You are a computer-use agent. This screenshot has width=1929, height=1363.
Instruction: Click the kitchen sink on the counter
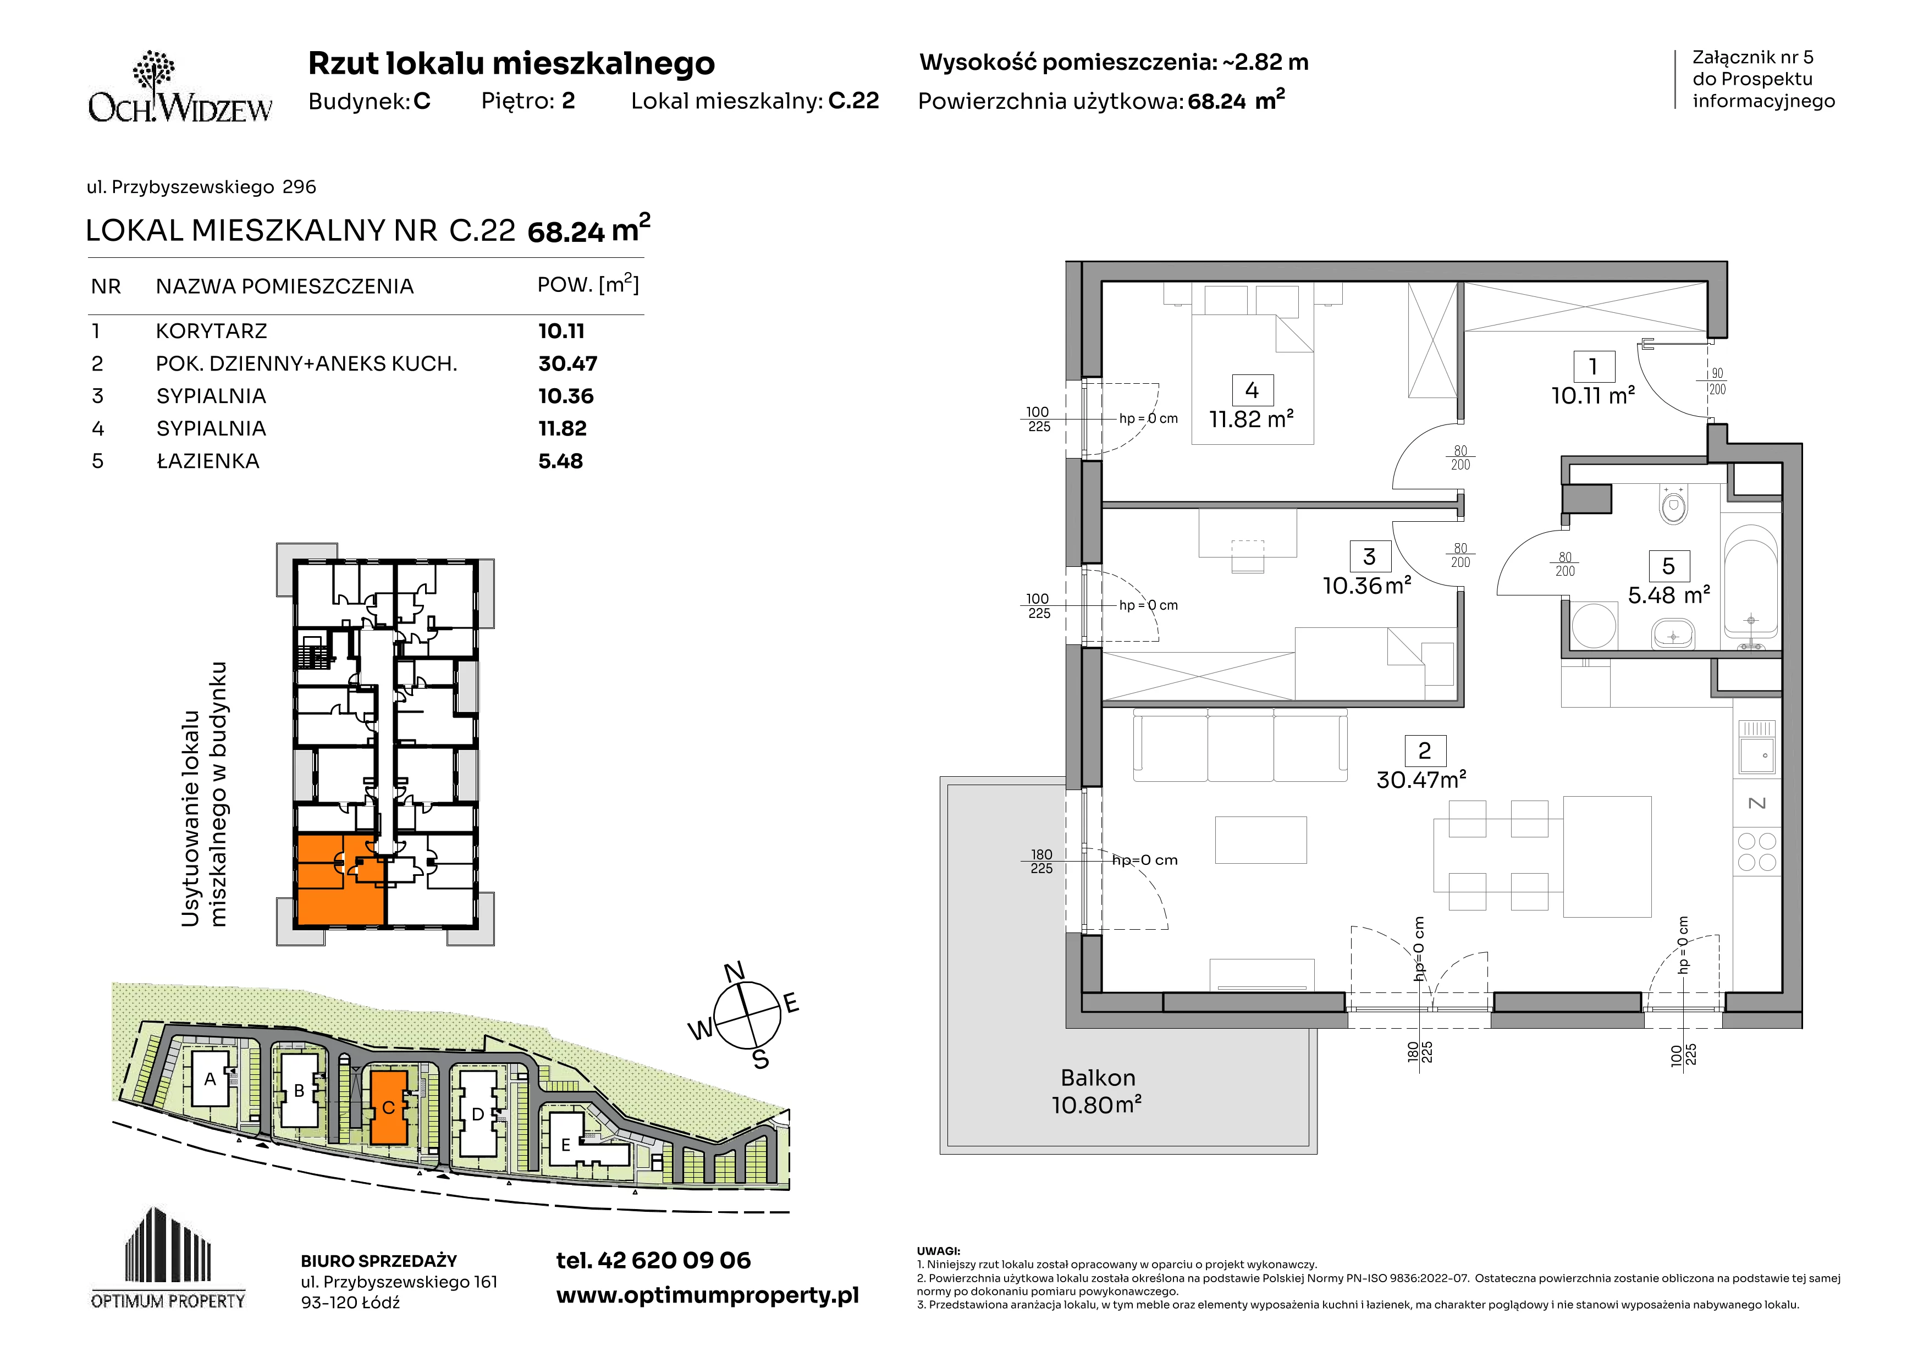coord(1756,747)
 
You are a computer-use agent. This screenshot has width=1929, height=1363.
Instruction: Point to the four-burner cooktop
coord(1756,851)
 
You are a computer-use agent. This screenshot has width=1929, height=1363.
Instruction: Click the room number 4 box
coord(1252,390)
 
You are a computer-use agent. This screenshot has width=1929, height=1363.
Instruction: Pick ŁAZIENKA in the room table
coord(207,461)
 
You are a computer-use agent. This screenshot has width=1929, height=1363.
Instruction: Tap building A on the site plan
coord(210,1079)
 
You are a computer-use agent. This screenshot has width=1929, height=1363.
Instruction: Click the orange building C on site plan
coord(388,1107)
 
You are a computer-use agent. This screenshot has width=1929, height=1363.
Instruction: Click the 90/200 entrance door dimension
coord(1717,381)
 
